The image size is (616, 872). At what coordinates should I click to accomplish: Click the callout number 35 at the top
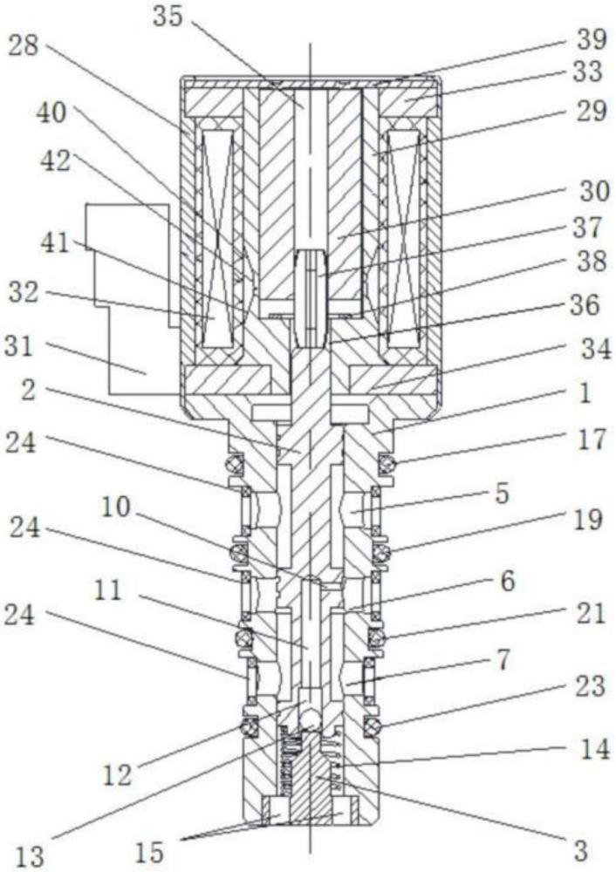click(168, 17)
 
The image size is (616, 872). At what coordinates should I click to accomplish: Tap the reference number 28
click(24, 46)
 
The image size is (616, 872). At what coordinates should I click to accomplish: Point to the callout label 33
click(587, 72)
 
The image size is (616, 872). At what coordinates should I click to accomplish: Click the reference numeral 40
click(51, 114)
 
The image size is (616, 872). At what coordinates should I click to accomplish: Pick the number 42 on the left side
click(56, 161)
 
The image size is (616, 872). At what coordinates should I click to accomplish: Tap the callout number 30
click(594, 192)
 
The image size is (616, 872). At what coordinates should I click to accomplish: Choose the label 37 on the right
click(587, 228)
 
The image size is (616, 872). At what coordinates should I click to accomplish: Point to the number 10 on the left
click(115, 508)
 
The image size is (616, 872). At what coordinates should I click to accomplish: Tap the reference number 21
click(588, 613)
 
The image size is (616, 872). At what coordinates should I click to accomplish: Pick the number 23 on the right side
click(588, 685)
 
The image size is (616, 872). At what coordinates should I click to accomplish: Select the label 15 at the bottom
click(149, 852)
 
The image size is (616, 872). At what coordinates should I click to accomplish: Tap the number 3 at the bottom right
click(580, 851)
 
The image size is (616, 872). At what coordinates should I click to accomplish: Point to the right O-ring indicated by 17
click(387, 463)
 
